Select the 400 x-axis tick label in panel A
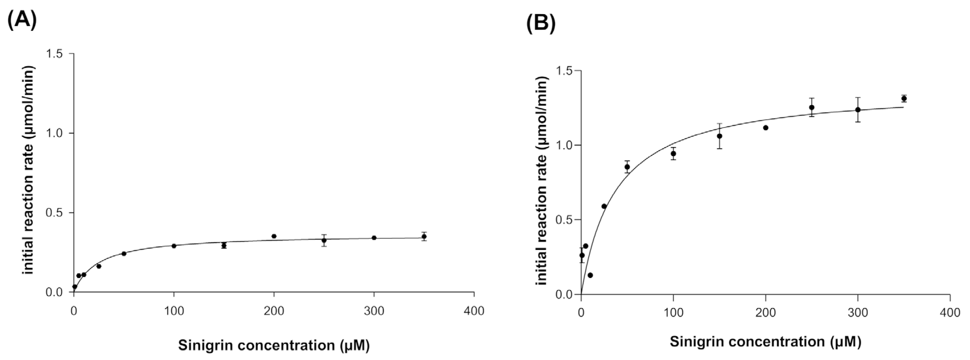tap(474, 311)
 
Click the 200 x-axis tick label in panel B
tap(766, 313)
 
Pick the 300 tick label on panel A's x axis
tap(374, 311)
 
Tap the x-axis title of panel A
tap(274, 345)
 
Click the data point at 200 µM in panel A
tap(274, 236)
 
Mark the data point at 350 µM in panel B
tap(904, 99)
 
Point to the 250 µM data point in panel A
tap(324, 240)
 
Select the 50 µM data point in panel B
tap(627, 167)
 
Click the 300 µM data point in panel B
tap(858, 109)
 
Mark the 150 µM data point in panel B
tap(719, 136)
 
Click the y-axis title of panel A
tap(29, 170)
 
